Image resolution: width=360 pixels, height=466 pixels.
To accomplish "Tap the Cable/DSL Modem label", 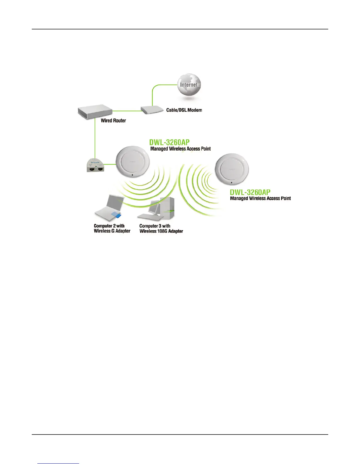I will [184, 110].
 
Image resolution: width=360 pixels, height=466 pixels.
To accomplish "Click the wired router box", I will [95, 113].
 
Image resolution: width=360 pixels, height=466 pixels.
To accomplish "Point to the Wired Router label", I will [113, 120].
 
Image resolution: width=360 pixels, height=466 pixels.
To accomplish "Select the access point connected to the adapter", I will [133, 162].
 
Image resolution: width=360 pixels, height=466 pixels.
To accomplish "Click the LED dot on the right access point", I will [232, 183].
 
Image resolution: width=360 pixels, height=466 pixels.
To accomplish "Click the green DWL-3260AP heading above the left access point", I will [169, 142].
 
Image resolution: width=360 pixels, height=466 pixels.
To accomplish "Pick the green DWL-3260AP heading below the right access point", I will [250, 192].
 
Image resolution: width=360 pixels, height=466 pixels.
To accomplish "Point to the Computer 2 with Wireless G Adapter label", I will [112, 228].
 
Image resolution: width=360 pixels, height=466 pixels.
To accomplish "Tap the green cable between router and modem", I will [127, 111].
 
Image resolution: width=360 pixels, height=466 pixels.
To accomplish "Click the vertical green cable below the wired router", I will [95, 138].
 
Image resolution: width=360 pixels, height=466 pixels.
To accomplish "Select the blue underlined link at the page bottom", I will [58, 464].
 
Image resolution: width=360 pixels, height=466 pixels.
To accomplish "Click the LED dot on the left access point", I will [133, 175].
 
